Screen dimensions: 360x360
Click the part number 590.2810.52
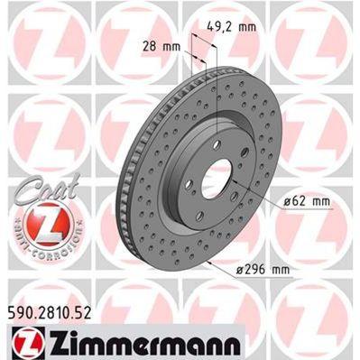(56, 311)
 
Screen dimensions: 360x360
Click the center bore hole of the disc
(217, 180)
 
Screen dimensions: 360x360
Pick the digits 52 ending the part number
(91, 311)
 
